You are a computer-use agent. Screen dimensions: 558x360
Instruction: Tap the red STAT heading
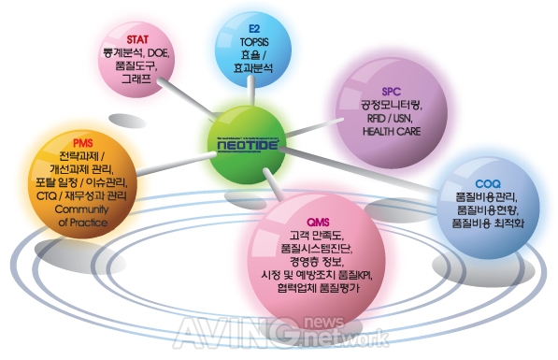click(x=138, y=38)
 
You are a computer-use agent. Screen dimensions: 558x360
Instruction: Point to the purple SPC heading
click(x=391, y=92)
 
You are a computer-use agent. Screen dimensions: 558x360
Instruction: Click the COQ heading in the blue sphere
click(x=490, y=185)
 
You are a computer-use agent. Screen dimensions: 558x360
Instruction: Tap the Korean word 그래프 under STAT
click(x=138, y=80)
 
